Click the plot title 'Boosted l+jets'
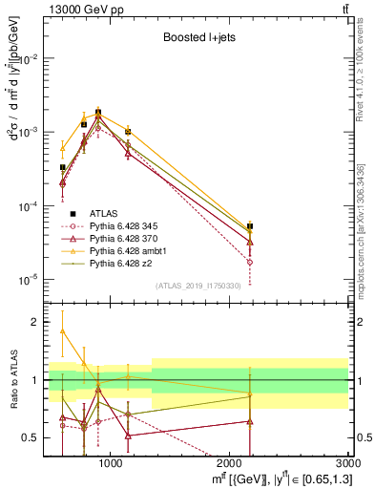tap(198, 38)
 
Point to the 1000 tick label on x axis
tap(112, 463)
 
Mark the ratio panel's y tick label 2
tap(33, 323)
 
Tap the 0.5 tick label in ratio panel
tap(30, 437)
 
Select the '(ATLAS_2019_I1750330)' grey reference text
tap(198, 287)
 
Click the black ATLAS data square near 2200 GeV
tap(250, 226)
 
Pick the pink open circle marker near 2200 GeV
tap(250, 262)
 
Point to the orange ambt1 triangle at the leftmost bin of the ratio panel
tap(63, 330)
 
